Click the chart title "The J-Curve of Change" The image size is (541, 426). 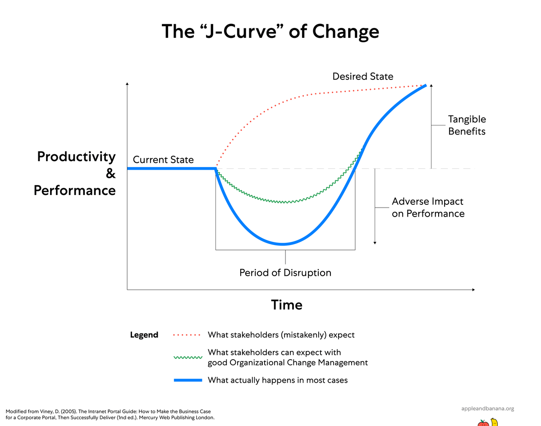[270, 32]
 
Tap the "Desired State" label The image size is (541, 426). [362, 76]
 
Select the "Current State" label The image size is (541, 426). [163, 160]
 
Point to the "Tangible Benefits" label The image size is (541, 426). [467, 125]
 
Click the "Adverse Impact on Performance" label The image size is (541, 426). [428, 208]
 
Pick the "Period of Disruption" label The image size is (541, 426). [285, 273]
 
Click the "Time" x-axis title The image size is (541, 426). [287, 305]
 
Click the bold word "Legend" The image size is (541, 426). [144, 335]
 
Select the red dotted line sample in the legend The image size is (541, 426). [188, 335]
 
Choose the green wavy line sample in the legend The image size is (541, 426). [188, 357]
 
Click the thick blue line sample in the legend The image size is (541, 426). [188, 380]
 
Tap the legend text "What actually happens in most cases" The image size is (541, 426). [277, 380]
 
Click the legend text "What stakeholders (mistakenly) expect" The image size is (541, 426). [281, 335]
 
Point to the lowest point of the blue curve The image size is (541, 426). [283, 244]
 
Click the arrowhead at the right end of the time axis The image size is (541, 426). [473, 289]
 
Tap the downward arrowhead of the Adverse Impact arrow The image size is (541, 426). [375, 242]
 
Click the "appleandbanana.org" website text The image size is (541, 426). [488, 408]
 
